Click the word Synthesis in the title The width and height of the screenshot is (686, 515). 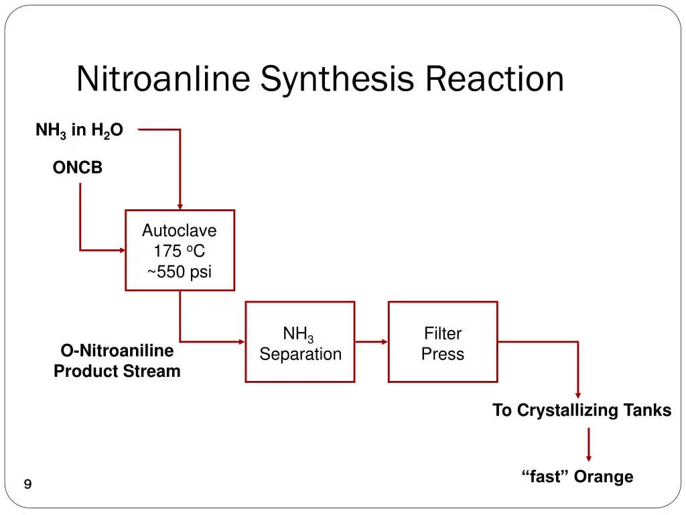[338, 79]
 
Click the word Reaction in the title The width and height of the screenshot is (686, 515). [494, 79]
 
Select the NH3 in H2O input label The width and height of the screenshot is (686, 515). [79, 130]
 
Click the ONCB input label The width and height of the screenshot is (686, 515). [78, 168]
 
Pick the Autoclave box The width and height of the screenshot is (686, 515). [180, 250]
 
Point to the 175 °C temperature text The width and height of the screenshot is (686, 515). [179, 251]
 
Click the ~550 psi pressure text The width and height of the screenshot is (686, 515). [179, 272]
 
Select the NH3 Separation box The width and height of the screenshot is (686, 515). [300, 342]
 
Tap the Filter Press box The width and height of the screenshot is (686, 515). [443, 342]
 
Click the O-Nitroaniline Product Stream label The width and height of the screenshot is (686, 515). [117, 361]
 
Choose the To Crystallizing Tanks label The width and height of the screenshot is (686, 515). [581, 410]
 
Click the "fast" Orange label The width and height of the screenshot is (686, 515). [577, 477]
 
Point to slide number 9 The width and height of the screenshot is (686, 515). [27, 485]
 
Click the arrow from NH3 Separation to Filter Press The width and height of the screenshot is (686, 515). [371, 342]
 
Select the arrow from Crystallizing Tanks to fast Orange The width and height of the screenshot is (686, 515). [589, 444]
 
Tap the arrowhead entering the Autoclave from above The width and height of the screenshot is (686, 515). [180, 206]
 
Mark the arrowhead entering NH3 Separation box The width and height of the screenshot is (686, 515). [241, 342]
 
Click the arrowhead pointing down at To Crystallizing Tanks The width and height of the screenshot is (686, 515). [578, 395]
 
